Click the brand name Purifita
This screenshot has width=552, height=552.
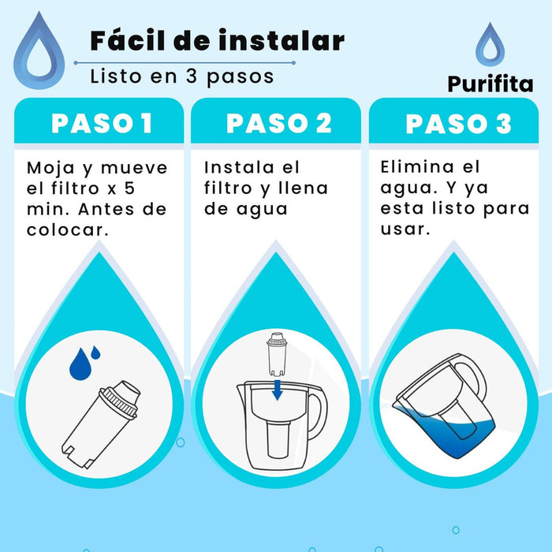pyautogui.click(x=490, y=85)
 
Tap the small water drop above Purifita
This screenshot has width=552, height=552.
pyautogui.click(x=490, y=44)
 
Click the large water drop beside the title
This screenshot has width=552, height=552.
pyautogui.click(x=39, y=50)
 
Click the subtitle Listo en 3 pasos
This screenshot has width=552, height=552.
pyautogui.click(x=182, y=76)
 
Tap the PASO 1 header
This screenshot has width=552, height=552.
pyautogui.click(x=102, y=124)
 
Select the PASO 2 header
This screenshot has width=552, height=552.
pyautogui.click(x=279, y=124)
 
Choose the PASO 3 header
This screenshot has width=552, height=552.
pyautogui.click(x=458, y=124)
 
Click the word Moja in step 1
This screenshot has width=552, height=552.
pyautogui.click(x=50, y=168)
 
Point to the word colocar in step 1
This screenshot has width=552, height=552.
pyautogui.click(x=67, y=230)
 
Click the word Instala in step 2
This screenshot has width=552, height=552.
pyautogui.click(x=239, y=167)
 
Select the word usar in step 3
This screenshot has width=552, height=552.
pyautogui.click(x=405, y=229)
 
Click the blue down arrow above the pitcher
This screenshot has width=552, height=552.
pyautogui.click(x=278, y=390)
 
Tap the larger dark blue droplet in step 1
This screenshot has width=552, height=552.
pyautogui.click(x=80, y=364)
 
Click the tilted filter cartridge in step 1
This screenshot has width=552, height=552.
pyautogui.click(x=101, y=424)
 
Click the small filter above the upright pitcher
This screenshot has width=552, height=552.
pyautogui.click(x=278, y=355)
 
